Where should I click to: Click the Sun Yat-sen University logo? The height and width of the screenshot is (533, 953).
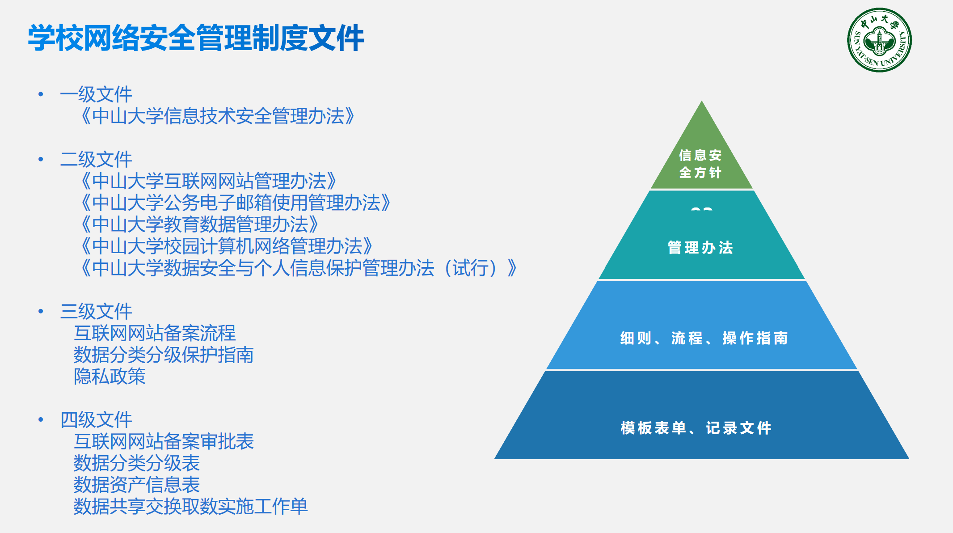(x=879, y=40)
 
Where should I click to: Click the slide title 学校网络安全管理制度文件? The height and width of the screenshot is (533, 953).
(x=196, y=38)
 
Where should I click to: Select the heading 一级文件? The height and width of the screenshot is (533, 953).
(x=96, y=94)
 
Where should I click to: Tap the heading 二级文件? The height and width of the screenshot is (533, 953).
(x=96, y=159)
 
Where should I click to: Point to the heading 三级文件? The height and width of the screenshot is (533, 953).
(x=96, y=311)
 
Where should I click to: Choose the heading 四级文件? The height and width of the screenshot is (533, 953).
(x=96, y=419)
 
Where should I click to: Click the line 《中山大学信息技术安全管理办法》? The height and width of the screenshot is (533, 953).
(x=218, y=116)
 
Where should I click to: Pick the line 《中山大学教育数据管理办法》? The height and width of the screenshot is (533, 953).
(x=200, y=224)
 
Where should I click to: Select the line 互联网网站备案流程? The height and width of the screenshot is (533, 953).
(x=155, y=333)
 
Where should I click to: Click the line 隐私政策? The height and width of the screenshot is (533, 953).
(x=110, y=376)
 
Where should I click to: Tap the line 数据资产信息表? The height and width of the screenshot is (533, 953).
(x=136, y=485)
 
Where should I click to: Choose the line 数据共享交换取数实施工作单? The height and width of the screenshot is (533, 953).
(x=190, y=506)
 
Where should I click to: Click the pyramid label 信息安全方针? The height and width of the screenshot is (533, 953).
(x=700, y=164)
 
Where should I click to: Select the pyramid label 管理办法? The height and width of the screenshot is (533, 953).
(x=700, y=247)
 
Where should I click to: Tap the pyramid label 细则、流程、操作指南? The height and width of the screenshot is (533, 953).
(x=704, y=338)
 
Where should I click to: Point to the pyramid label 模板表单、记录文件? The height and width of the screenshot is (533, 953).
(x=696, y=428)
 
